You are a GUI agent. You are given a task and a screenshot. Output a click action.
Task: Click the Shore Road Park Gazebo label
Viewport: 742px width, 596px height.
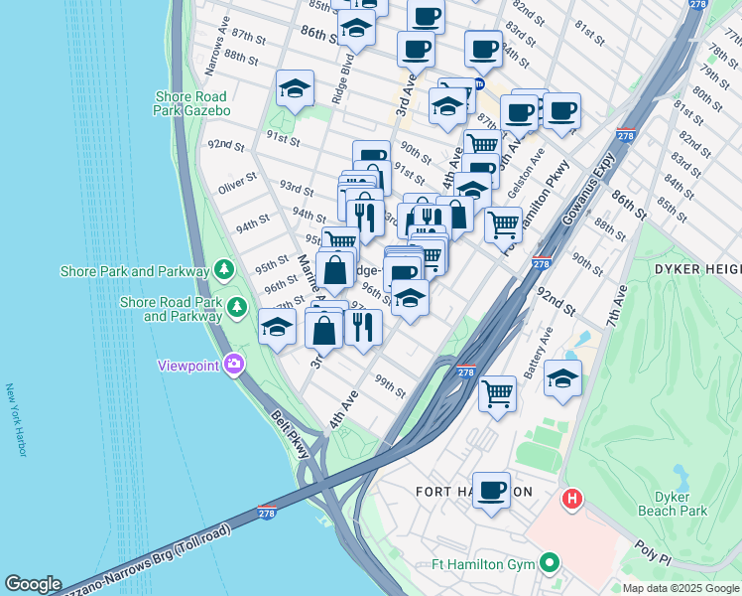tap(192, 103)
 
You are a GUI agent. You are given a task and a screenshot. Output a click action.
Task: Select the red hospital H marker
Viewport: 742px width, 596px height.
tap(572, 499)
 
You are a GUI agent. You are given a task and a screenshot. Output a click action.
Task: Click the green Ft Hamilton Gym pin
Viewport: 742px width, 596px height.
tap(551, 565)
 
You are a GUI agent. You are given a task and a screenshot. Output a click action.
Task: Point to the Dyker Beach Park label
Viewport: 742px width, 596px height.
tap(680, 504)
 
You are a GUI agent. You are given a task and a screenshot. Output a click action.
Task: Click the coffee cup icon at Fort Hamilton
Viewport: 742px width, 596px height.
tap(491, 490)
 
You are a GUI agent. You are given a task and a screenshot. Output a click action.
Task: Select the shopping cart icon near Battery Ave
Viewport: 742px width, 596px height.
tap(498, 391)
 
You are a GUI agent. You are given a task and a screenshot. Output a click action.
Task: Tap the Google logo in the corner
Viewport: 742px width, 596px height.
tap(33, 584)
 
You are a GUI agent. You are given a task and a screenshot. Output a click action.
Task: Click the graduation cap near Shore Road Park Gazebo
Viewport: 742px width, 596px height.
tap(295, 89)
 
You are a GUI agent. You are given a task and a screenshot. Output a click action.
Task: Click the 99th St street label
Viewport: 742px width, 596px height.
tap(390, 384)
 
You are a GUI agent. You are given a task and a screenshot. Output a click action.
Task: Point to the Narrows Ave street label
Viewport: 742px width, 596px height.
tap(216, 60)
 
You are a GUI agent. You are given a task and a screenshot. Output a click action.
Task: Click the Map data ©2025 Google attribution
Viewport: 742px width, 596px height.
tap(680, 588)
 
